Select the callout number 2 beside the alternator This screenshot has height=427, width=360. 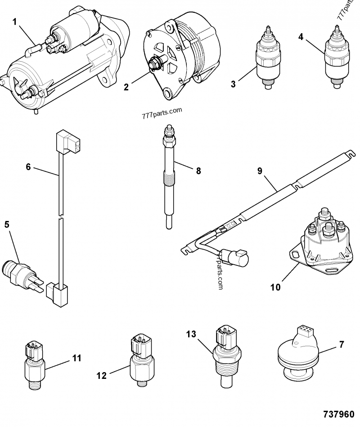(x=127, y=86)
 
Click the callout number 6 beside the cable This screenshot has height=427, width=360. (x=28, y=167)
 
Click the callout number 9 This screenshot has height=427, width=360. (x=260, y=171)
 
